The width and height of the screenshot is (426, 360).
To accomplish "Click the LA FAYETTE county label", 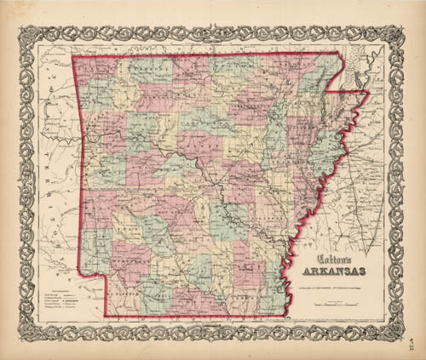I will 136,294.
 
